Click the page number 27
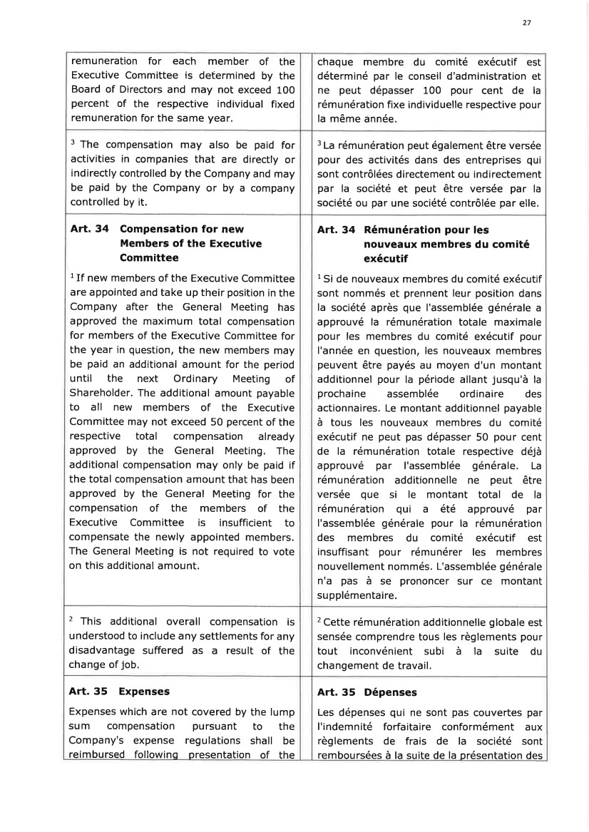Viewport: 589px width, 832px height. [x=526, y=23]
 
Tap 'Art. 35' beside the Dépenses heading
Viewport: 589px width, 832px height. [x=337, y=692]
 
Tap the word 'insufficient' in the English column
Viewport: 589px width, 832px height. [x=234, y=523]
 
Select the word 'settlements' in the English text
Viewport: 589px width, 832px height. [x=238, y=636]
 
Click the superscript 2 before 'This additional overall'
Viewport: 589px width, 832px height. [x=72, y=618]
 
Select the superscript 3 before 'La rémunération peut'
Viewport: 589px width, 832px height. [x=319, y=143]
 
